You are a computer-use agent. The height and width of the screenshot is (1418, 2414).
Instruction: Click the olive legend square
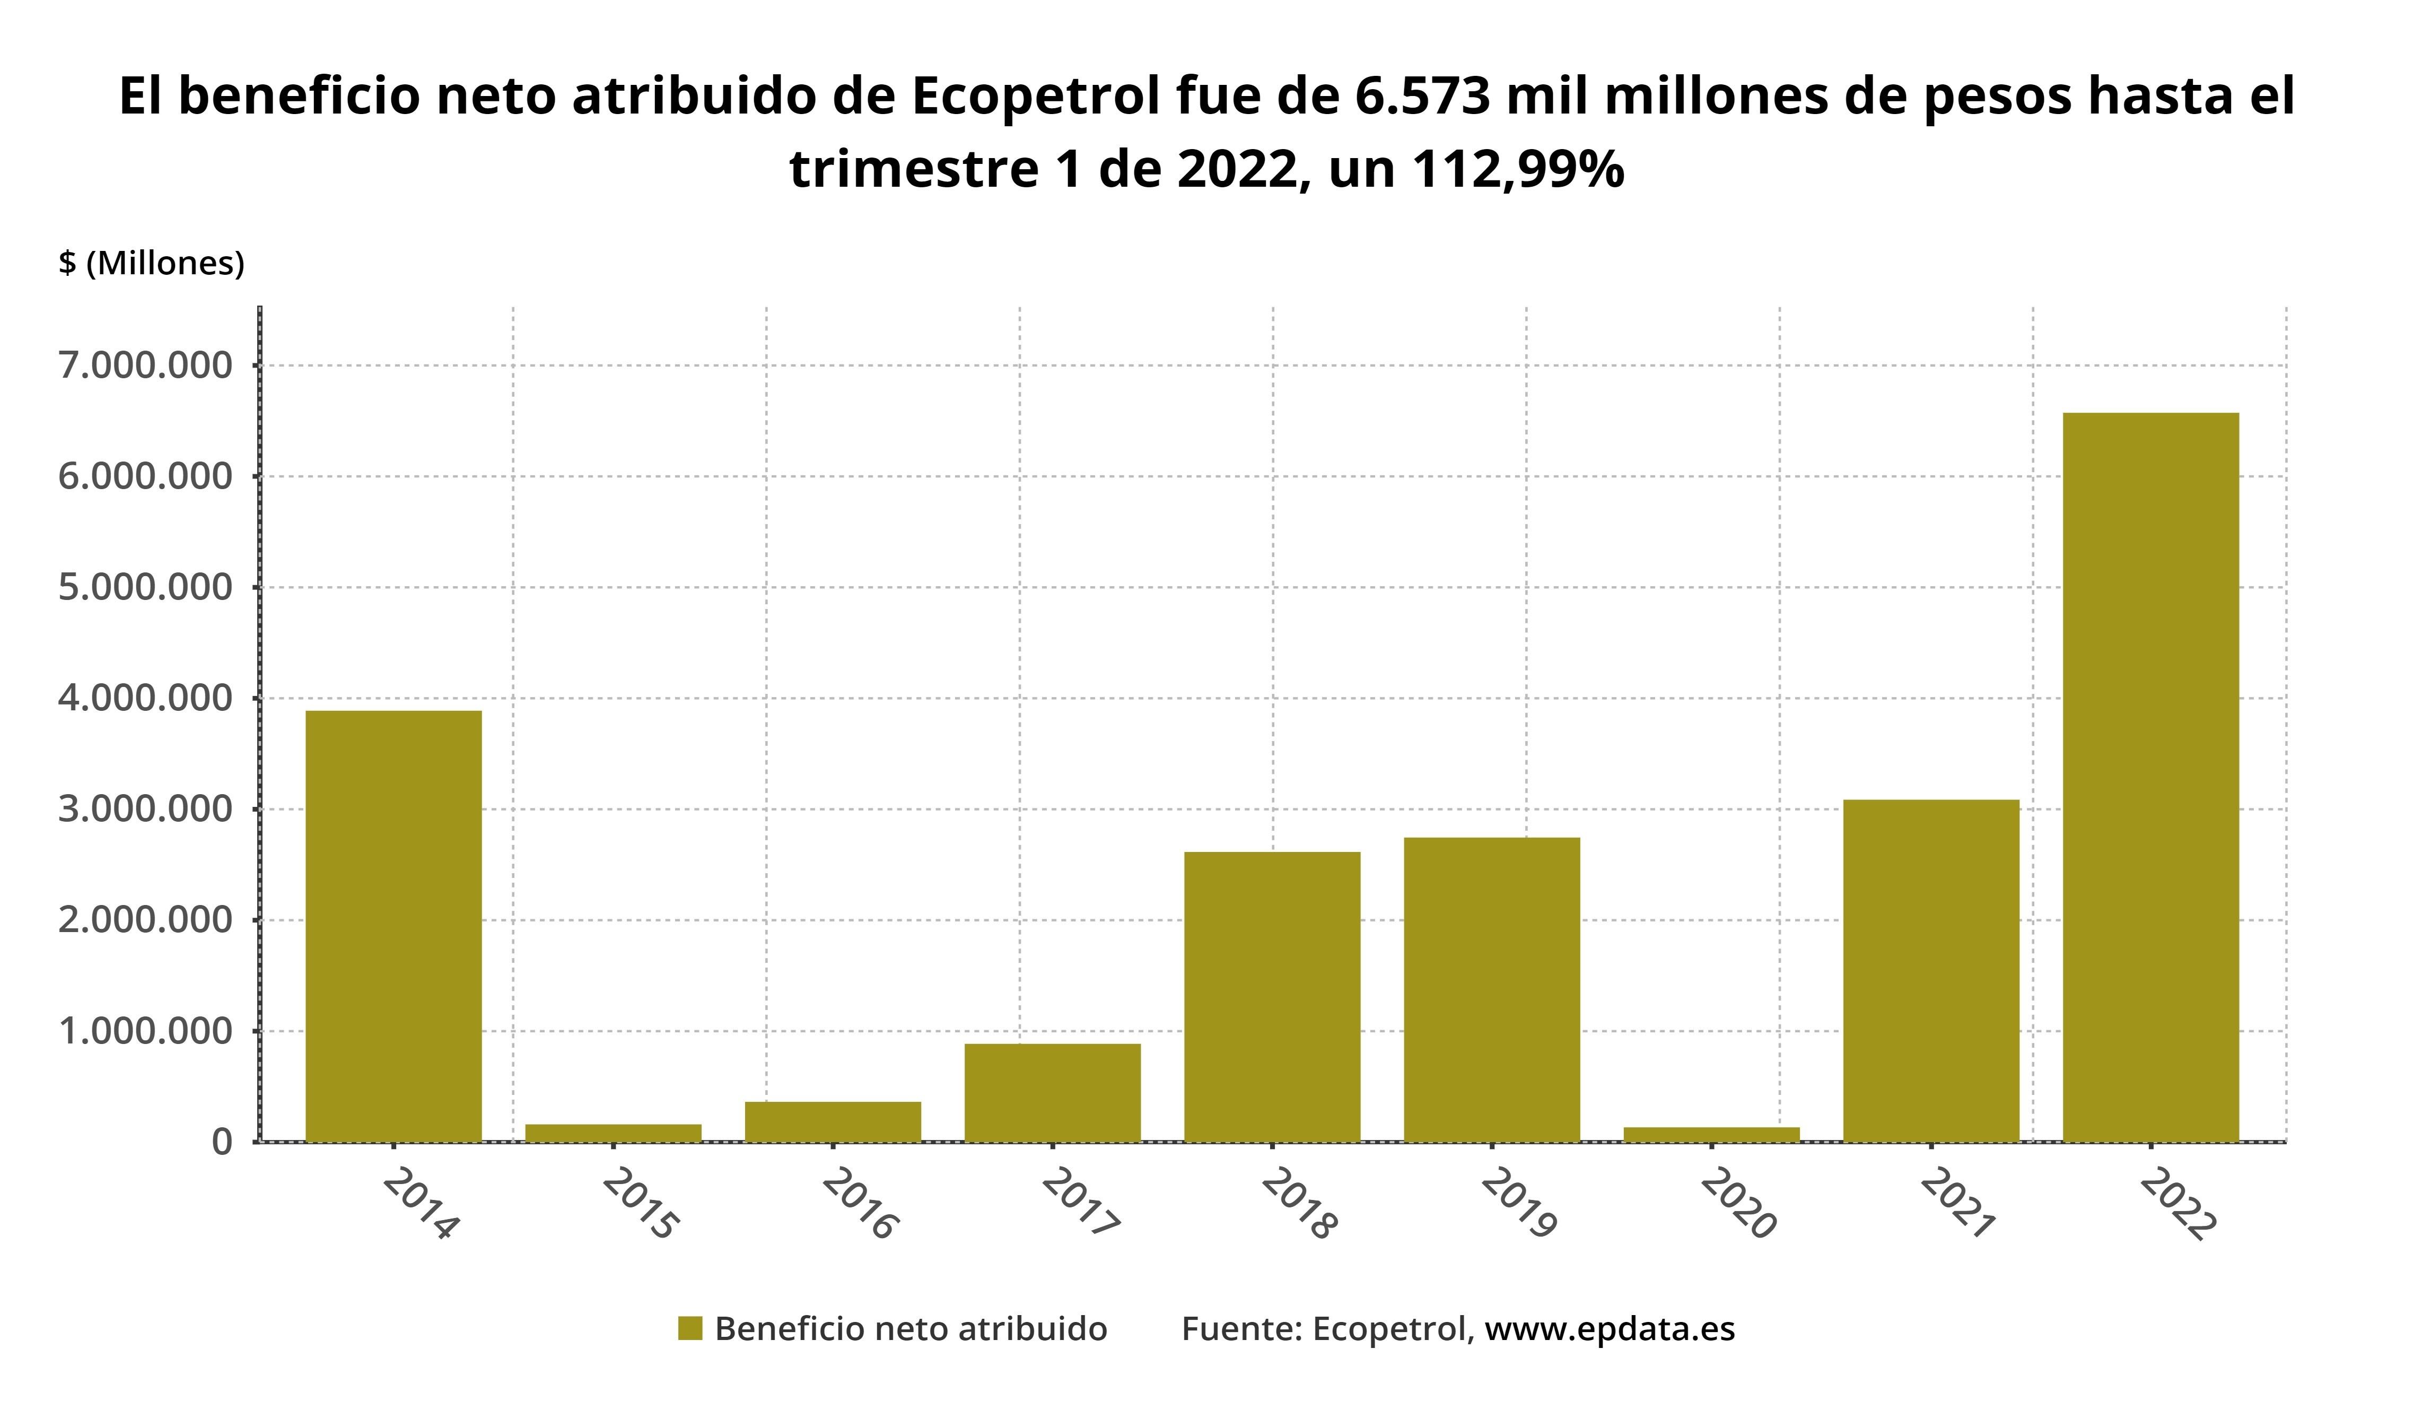point(690,1329)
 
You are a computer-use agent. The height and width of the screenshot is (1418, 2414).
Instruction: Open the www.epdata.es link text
point(1610,1329)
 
